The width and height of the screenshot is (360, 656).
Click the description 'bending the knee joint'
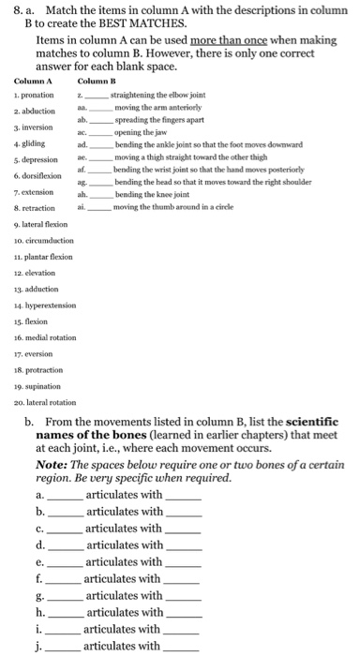click(148, 194)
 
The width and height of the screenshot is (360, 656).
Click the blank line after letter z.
click(98, 97)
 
